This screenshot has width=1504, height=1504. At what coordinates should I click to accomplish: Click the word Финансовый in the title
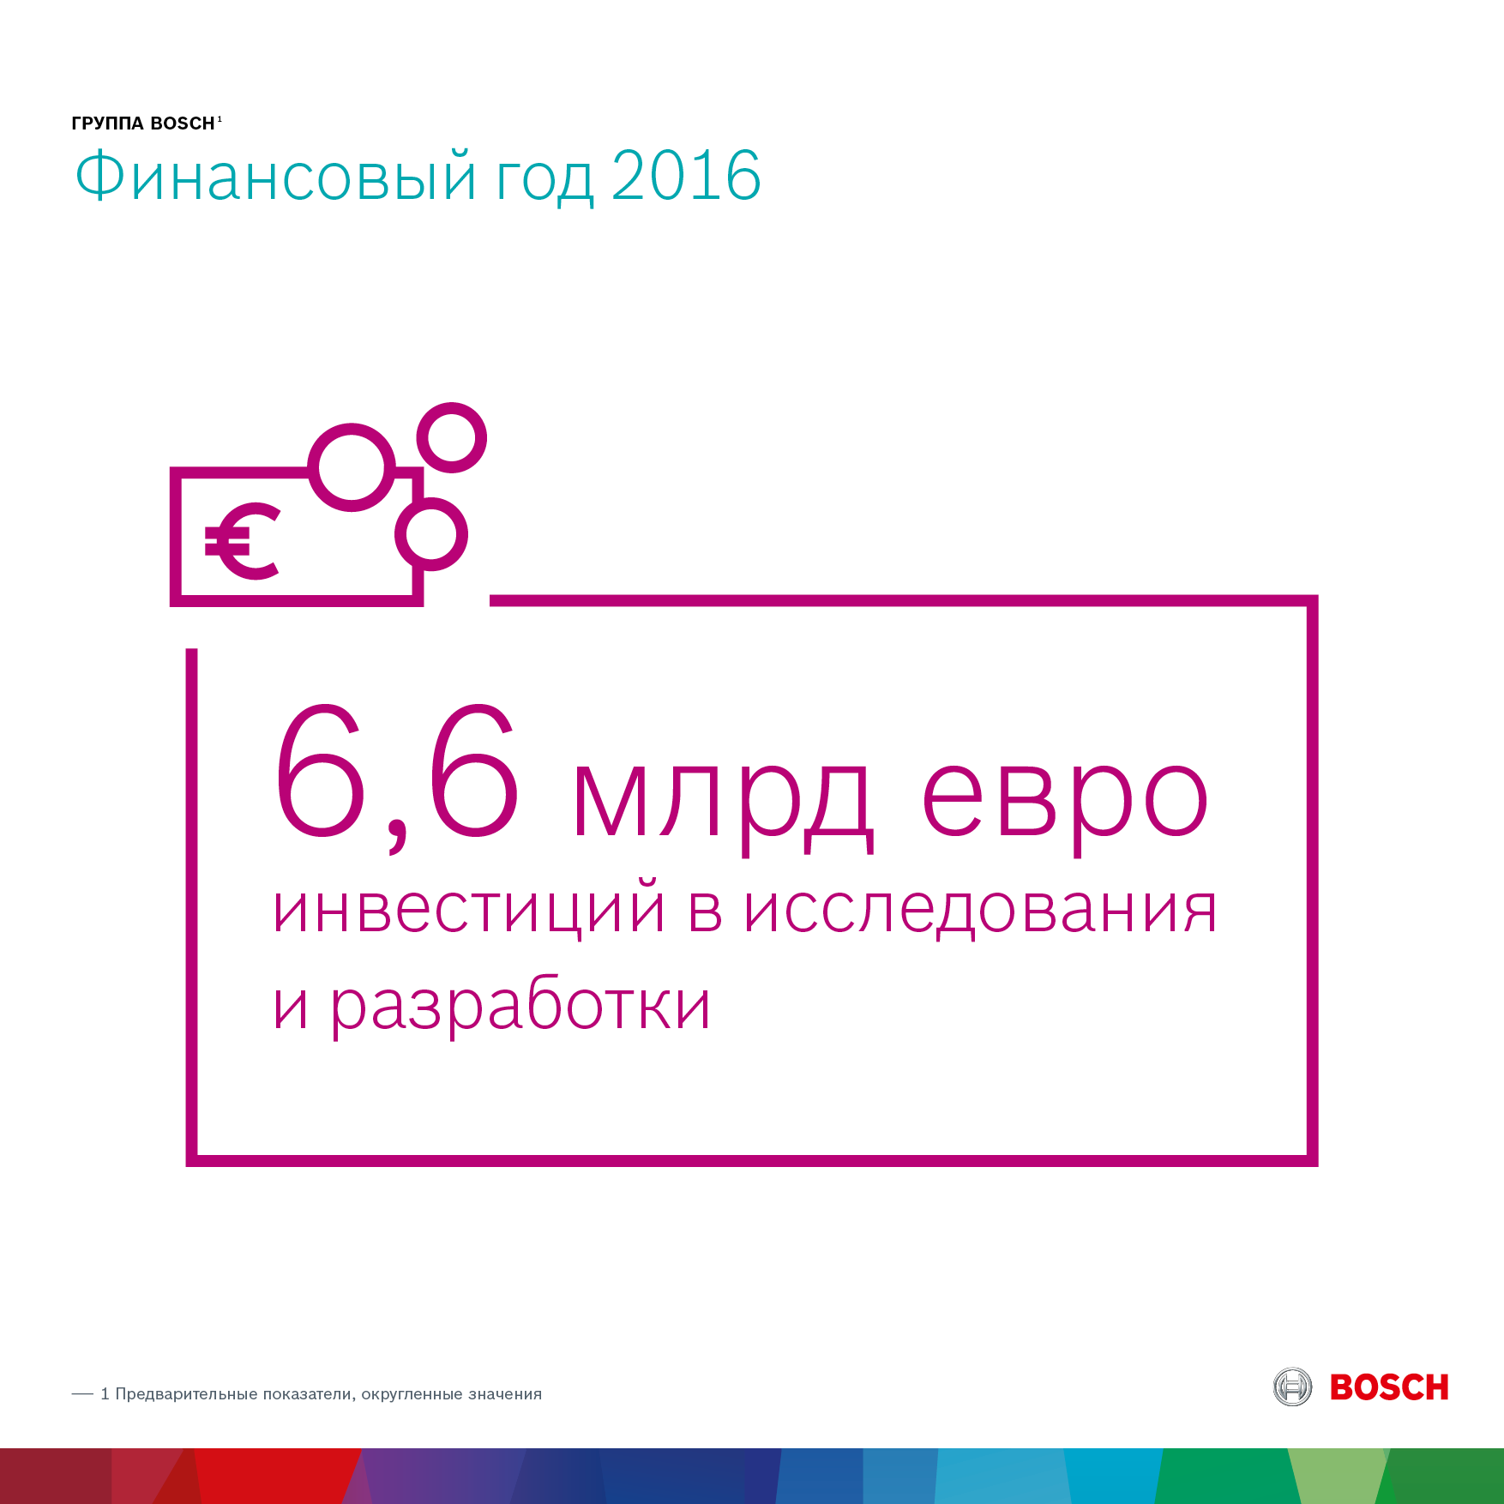(274, 176)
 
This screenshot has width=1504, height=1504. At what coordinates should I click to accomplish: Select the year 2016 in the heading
(686, 176)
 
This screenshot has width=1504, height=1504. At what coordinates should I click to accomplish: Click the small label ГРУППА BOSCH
(143, 123)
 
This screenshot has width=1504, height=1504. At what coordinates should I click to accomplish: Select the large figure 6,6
(396, 777)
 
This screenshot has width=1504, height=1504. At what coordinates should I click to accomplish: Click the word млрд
(723, 797)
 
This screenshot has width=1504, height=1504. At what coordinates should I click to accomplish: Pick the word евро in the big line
(1065, 797)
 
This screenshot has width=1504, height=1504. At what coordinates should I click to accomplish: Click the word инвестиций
(469, 908)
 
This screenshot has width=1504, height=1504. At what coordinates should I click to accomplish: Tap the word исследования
(980, 911)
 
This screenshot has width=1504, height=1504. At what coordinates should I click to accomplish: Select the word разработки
(521, 1005)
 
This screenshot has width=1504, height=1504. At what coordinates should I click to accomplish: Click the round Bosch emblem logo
(1292, 1387)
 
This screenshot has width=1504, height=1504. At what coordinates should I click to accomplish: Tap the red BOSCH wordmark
(1389, 1387)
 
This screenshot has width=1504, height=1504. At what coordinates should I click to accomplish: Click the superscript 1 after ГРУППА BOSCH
(220, 119)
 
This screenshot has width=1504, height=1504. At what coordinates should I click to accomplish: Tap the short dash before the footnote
(82, 1394)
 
